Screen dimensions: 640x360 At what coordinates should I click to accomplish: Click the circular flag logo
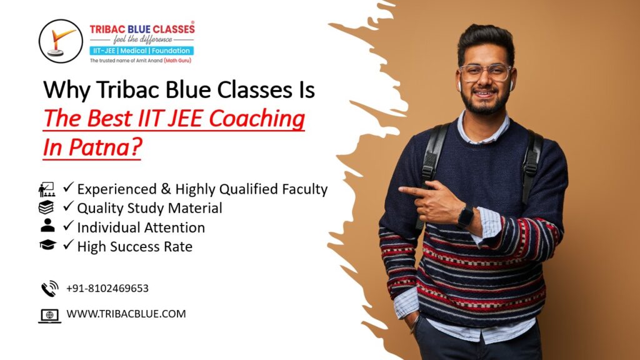click(x=61, y=41)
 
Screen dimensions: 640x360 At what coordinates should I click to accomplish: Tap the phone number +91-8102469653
click(x=107, y=288)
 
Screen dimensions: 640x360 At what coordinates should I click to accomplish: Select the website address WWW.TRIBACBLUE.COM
click(x=126, y=314)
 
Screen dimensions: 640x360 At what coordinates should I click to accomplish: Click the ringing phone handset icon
click(x=50, y=288)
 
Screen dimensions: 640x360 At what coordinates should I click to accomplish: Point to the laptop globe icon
click(x=50, y=316)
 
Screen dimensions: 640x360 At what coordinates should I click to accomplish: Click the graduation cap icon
click(x=47, y=244)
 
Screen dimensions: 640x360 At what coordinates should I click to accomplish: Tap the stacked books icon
click(x=46, y=207)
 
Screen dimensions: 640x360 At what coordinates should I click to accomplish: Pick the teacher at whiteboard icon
click(x=47, y=189)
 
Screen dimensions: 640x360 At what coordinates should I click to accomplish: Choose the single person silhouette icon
click(x=47, y=225)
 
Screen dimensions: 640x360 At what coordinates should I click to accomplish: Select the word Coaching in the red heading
click(x=257, y=119)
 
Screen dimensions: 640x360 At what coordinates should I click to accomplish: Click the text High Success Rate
click(x=135, y=246)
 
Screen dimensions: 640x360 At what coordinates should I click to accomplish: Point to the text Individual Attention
click(x=141, y=227)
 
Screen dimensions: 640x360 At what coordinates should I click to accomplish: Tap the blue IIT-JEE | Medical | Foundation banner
click(x=142, y=51)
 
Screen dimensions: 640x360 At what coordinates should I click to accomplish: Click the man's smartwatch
click(x=466, y=217)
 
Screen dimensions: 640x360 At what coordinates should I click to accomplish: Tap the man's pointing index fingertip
click(x=401, y=189)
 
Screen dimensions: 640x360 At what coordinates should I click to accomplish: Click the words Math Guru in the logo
click(x=177, y=61)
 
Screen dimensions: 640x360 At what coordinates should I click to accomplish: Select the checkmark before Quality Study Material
click(x=69, y=206)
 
